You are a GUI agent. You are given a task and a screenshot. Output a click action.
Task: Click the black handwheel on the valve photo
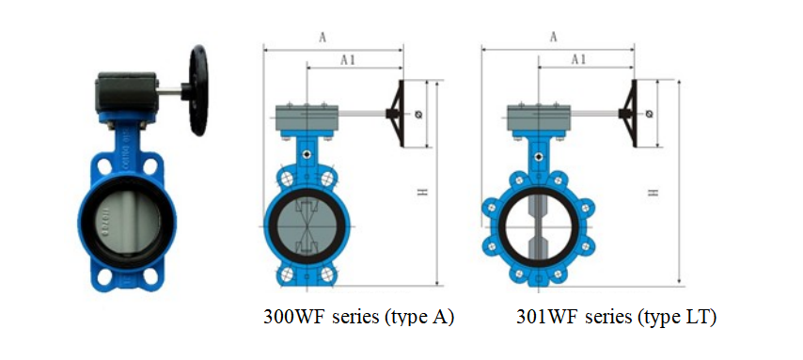pyautogui.click(x=198, y=90)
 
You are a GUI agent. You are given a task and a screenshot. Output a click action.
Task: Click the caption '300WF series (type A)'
pyautogui.click(x=358, y=317)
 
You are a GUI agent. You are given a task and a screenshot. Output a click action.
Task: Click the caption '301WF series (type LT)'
pyautogui.click(x=616, y=317)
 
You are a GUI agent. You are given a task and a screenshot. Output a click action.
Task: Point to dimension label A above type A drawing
pyautogui.click(x=323, y=38)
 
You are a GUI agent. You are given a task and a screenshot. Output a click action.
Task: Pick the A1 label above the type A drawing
pyautogui.click(x=348, y=60)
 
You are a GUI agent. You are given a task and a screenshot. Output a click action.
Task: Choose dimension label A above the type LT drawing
pyautogui.click(x=553, y=37)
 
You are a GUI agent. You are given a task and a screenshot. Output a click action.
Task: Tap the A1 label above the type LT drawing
pyautogui.click(x=578, y=59)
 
